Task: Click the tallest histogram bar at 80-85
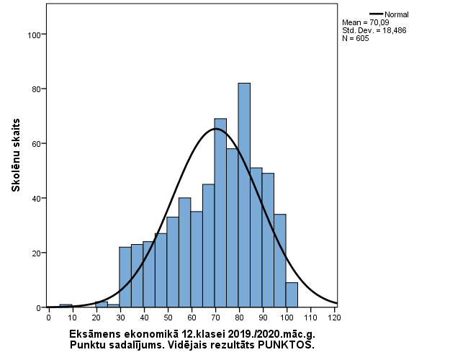pos(244,195)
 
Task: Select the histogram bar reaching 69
pos(220,213)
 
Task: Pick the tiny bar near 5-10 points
pos(66,306)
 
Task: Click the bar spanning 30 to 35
pos(125,277)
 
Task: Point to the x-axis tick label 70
pos(215,317)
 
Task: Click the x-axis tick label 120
pos(335,317)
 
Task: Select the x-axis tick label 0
pos(48,317)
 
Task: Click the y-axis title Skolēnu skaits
pos(15,156)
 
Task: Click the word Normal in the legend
pos(397,14)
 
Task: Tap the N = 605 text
pos(356,38)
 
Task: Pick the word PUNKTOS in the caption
pos(289,345)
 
